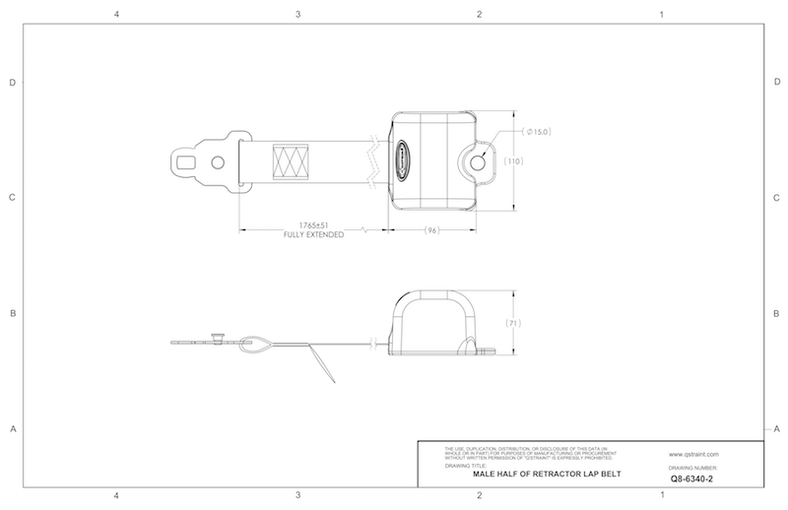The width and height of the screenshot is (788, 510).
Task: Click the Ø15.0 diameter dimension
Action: [x=538, y=132]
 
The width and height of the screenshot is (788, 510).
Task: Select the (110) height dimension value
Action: [x=513, y=160]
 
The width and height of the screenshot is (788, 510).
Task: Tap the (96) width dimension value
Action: [x=430, y=229]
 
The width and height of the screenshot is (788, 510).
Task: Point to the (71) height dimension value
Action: [x=513, y=323]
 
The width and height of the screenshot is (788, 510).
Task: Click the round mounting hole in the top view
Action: [x=479, y=160]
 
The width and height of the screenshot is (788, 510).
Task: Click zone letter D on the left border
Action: [x=12, y=83]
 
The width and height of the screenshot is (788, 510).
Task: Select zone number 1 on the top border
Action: [x=661, y=15]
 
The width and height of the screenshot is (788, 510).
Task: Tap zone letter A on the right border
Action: [x=777, y=428]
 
